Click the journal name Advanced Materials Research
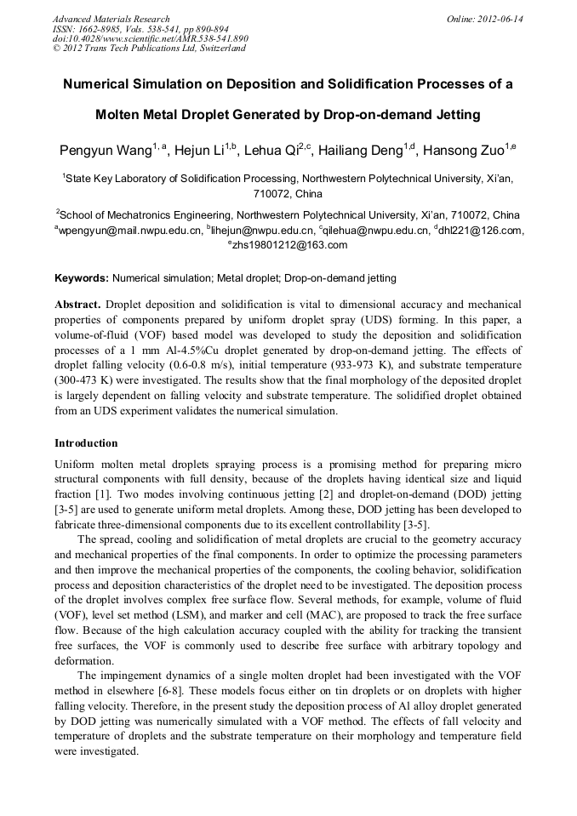coord(111,19)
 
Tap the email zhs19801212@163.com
coord(289,245)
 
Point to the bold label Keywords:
coord(81,278)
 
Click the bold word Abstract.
coord(77,304)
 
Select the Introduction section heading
coord(86,443)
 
